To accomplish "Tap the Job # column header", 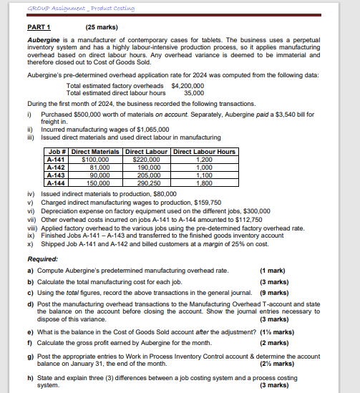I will click(56, 152).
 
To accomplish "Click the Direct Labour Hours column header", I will click(204, 152).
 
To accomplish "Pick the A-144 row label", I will click(57, 183).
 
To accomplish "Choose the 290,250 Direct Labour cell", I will click(147, 183).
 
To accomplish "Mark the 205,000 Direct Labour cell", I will click(147, 175).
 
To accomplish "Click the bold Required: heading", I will click(42, 259).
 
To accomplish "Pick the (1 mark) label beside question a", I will click(271, 271).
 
